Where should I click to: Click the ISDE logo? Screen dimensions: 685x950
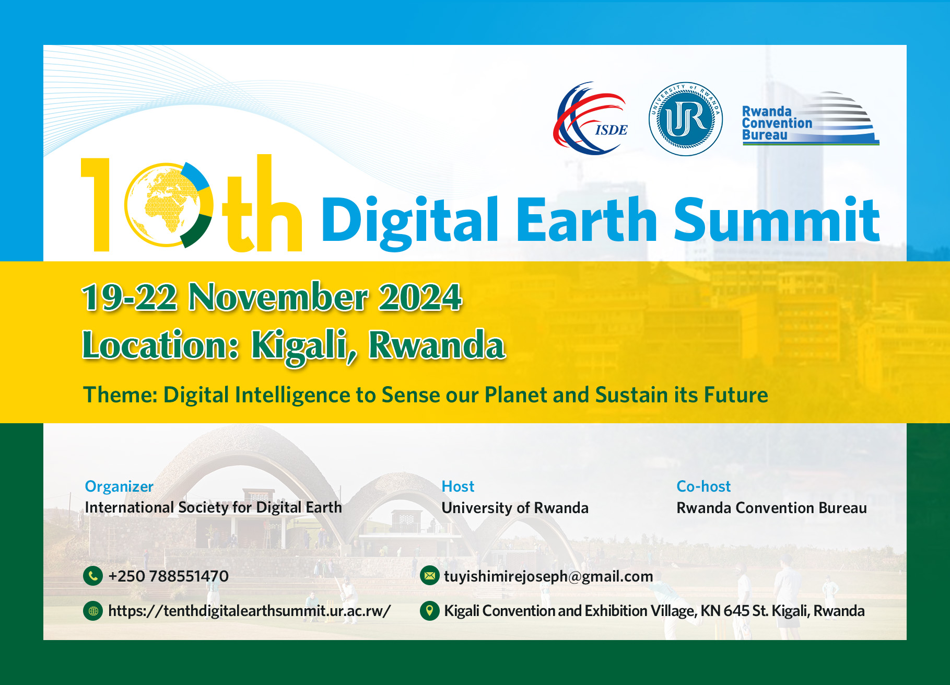pos(590,119)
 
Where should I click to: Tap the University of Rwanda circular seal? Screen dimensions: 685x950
pos(685,119)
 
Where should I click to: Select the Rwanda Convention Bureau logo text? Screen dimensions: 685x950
pos(777,123)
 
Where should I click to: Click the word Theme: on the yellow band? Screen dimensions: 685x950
pos(120,395)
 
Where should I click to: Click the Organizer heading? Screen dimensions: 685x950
pos(119,486)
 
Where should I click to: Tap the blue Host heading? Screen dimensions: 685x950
pos(458,486)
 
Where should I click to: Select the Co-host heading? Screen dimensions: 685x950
pos(703,486)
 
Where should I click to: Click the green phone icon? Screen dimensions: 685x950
pos(93,576)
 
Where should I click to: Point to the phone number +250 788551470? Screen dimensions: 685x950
pos(168,576)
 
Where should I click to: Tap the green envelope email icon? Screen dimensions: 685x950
pos(429,576)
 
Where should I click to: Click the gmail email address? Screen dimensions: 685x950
pos(548,576)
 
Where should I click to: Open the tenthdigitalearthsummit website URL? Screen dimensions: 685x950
pos(249,611)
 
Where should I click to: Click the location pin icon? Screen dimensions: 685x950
pos(429,610)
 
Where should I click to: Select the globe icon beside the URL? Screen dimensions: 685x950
pos(93,610)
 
